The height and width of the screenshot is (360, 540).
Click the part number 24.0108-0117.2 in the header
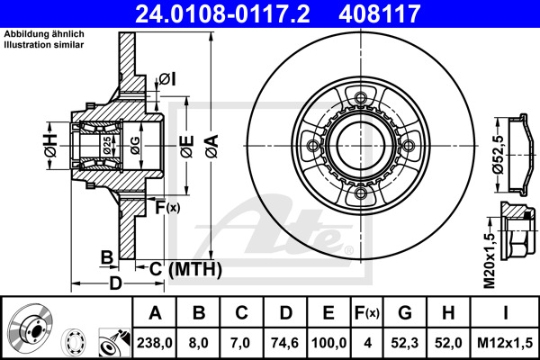(222, 13)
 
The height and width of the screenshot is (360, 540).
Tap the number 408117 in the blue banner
(380, 13)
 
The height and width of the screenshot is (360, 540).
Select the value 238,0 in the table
(154, 343)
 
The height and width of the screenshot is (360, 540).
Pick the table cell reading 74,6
(284, 343)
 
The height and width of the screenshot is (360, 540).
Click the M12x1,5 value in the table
(505, 343)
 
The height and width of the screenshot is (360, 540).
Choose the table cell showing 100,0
(328, 343)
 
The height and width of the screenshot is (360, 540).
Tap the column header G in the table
(405, 313)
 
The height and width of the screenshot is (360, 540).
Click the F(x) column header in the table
(367, 313)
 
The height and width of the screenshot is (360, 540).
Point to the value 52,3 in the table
(405, 343)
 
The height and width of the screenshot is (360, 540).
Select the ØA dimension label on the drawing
(212, 146)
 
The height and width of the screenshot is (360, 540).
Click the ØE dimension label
(188, 146)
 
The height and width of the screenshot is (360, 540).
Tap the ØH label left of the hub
(51, 146)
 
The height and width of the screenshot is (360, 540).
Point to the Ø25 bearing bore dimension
(107, 146)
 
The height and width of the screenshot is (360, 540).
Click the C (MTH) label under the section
(185, 269)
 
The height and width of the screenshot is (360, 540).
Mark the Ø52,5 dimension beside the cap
(499, 155)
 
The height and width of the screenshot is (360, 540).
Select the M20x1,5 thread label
(489, 260)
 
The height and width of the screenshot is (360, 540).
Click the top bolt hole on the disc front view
(361, 97)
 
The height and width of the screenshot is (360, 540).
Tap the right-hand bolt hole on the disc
(408, 146)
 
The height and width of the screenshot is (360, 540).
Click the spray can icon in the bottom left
(114, 342)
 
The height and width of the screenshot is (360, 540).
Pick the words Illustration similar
(44, 45)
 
